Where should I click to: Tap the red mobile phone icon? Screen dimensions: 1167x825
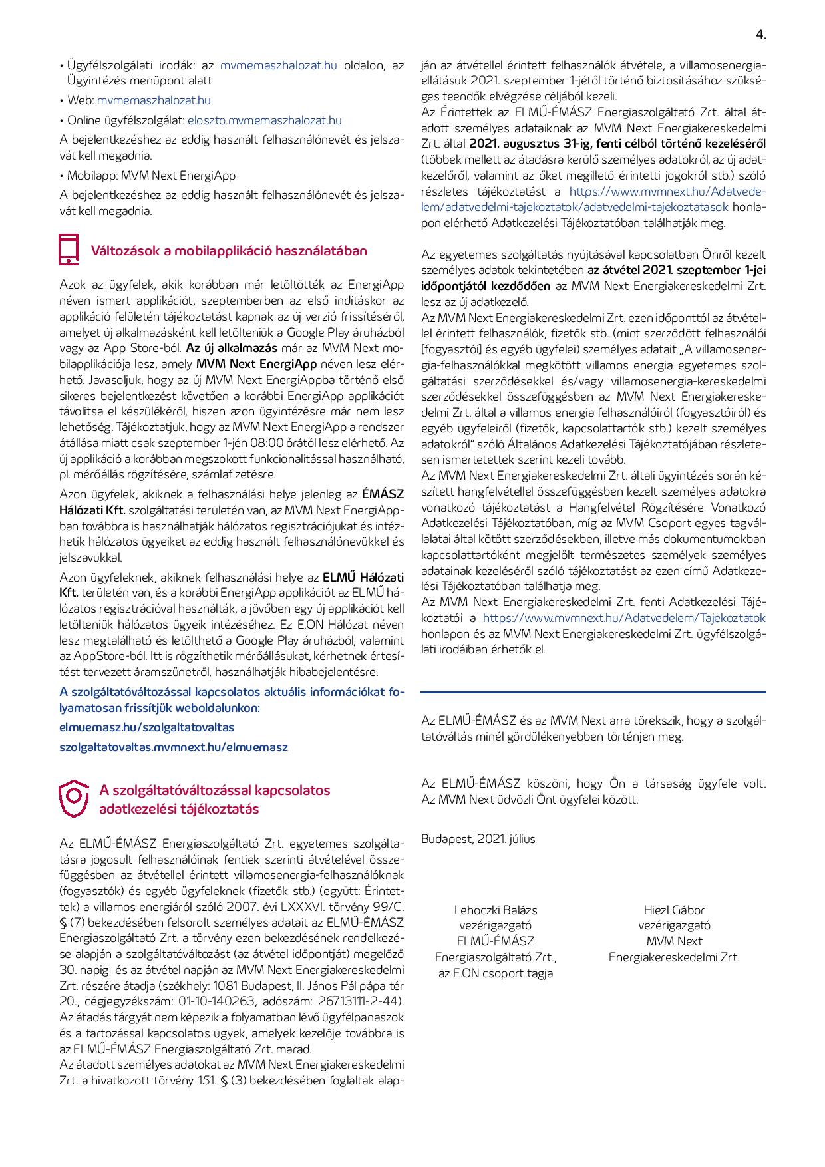pos(69,250)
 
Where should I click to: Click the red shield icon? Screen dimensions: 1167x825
pos(73,798)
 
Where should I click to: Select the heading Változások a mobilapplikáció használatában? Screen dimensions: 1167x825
pos(228,251)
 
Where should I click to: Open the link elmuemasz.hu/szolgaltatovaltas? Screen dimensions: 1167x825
pos(146,727)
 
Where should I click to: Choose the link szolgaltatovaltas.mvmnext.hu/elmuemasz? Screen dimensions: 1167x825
pos(173,747)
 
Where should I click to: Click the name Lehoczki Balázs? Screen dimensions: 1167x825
pos(496,910)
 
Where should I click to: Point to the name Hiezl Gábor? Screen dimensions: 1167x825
pos(674,910)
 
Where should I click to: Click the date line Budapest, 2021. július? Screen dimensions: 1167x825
pos(478,839)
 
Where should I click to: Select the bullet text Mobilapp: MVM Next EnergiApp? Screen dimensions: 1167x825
pos(151,176)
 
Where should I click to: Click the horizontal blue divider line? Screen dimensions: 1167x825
pos(593,692)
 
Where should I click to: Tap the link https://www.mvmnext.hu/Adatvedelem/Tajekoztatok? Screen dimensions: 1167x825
pos(624,618)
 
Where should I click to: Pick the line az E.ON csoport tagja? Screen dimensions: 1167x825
pos(496,973)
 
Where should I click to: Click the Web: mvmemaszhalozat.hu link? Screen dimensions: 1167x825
pos(153,100)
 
